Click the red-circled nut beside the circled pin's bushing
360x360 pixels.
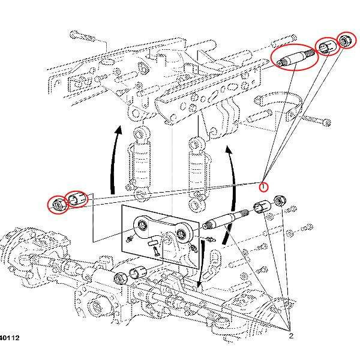coord(346,41)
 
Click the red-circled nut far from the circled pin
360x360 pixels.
coord(58,205)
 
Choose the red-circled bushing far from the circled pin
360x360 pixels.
coord(76,198)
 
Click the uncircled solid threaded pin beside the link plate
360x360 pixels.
coord(224,220)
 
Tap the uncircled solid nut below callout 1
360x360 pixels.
coord(279,200)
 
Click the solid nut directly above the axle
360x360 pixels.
coord(120,278)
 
